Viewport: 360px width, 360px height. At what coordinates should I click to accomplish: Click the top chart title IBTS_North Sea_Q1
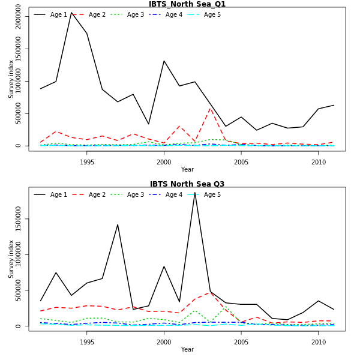[x=187, y=4]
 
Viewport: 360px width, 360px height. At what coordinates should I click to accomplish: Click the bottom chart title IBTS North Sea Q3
[x=187, y=184]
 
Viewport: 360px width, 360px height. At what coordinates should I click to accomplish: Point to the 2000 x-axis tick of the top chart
[x=164, y=161]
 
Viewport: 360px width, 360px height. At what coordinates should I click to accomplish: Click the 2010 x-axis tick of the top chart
[x=318, y=161]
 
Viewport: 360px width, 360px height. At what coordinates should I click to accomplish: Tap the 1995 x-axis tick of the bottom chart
[x=87, y=341]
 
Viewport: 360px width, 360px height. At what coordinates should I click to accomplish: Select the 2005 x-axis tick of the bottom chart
[x=241, y=341]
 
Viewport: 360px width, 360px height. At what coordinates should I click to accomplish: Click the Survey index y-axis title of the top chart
[x=11, y=79]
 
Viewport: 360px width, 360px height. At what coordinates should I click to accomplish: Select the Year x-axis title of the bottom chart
[x=187, y=349]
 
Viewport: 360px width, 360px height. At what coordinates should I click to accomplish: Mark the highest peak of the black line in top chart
[x=71, y=13]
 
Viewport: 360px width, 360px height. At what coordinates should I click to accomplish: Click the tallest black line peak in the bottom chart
[x=195, y=192]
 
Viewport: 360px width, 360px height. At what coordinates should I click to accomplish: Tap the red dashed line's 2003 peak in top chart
[x=210, y=108]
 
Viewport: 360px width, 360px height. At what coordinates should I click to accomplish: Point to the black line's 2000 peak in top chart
[x=164, y=61]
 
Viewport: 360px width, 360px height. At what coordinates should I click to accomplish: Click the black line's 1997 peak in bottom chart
[x=118, y=224]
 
